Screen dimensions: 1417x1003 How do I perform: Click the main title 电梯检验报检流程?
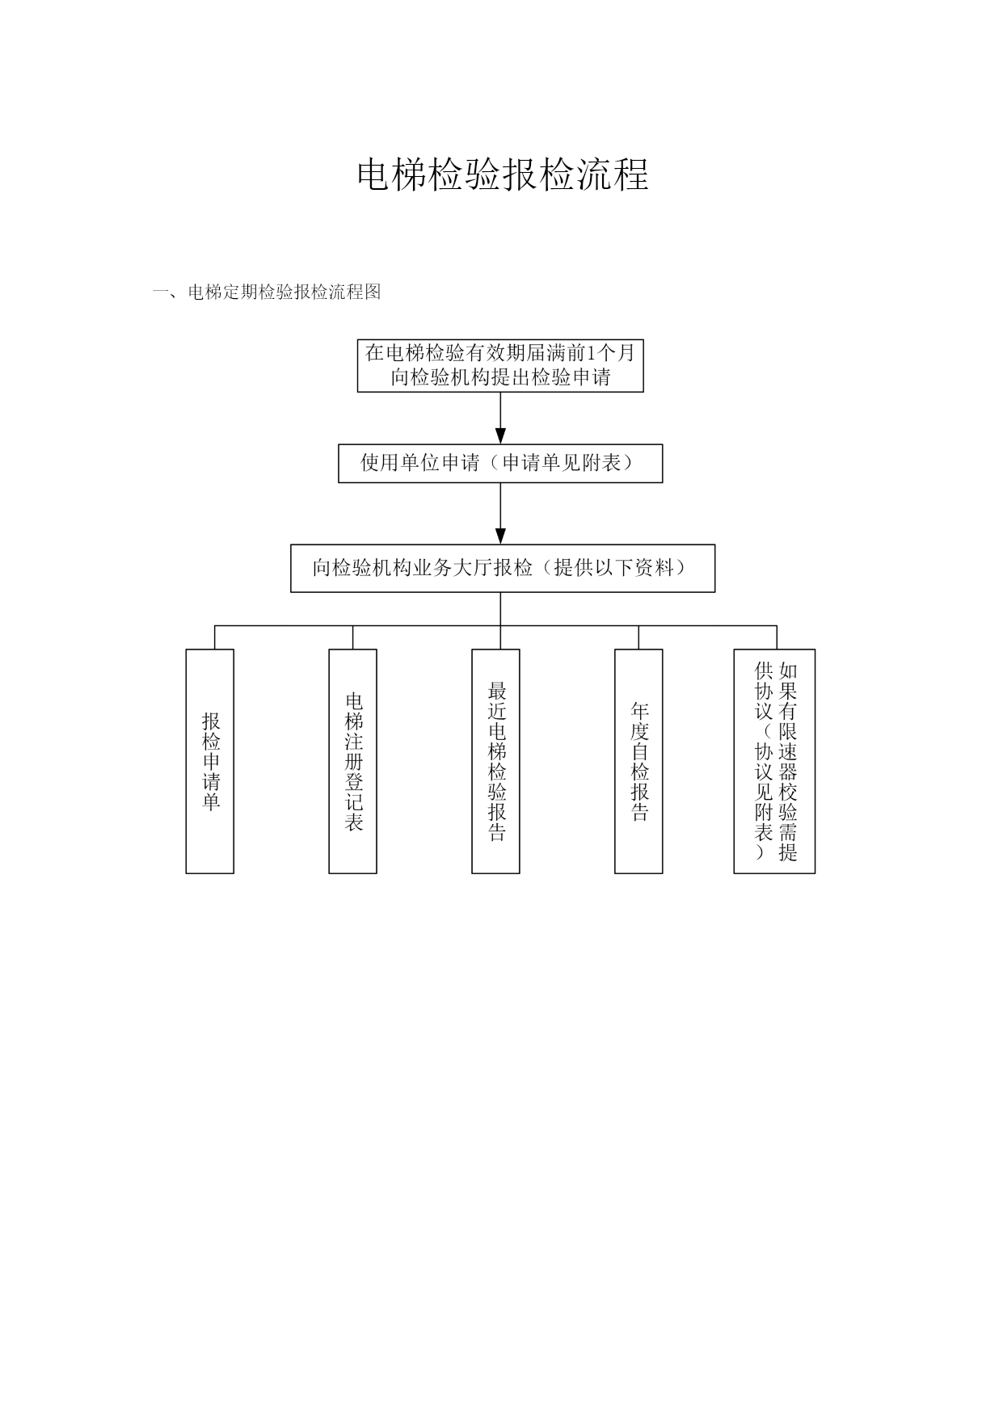[x=502, y=174]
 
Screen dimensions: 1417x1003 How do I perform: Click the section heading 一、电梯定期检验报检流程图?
[x=267, y=292]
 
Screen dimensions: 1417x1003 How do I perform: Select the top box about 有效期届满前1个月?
[x=500, y=365]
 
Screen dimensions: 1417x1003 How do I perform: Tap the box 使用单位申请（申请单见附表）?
[x=500, y=463]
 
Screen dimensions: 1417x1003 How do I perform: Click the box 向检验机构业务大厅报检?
[x=502, y=568]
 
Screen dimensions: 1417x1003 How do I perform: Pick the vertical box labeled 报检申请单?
[x=210, y=761]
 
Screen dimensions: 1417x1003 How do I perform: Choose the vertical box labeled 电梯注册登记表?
[x=352, y=761]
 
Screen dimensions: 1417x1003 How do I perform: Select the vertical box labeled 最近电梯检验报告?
[x=495, y=761]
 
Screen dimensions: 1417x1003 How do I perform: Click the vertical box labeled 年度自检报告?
[x=638, y=761]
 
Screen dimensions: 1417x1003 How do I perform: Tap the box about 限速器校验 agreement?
[x=774, y=761]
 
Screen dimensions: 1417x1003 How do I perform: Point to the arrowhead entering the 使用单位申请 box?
[x=500, y=436]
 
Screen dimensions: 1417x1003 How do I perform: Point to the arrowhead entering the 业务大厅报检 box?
[x=500, y=536]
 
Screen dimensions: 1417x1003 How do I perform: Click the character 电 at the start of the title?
[x=374, y=174]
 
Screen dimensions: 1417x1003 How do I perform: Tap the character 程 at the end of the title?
[x=630, y=174]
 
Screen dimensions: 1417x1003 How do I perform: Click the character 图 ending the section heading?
[x=373, y=292]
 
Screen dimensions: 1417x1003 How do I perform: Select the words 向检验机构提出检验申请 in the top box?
[x=500, y=377]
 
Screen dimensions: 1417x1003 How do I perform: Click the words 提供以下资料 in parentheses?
[x=619, y=568]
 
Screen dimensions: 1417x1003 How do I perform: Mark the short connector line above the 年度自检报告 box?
[x=638, y=637]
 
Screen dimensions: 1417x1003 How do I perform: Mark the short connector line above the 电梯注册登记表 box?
[x=352, y=637]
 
